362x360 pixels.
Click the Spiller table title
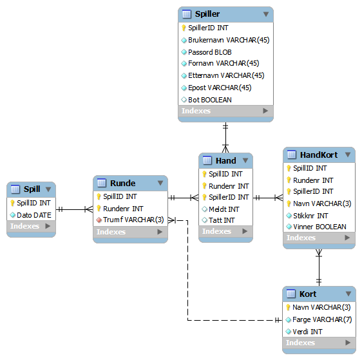pos(207,14)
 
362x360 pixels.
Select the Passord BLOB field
pos(209,52)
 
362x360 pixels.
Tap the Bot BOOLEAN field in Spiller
pos(209,100)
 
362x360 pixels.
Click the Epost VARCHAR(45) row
pos(220,88)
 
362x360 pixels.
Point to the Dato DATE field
pos(34,215)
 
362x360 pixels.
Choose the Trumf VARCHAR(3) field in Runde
pos(133,220)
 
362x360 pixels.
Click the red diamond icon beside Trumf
pos(99,220)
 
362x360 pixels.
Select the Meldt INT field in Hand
pos(224,209)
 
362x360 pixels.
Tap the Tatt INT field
pos(222,220)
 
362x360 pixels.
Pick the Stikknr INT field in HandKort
pos(310,216)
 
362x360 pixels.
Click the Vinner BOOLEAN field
pos(319,227)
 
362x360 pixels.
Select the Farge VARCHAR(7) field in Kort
pos(322,319)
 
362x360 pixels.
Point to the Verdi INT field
pos(307,332)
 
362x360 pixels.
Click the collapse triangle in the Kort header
pos(348,294)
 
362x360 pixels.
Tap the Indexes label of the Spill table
pos(24,226)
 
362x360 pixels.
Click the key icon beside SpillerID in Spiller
pos(184,28)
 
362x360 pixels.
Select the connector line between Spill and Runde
pos(74,209)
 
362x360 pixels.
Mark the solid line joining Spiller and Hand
pos(225,138)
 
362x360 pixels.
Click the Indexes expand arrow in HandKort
pos(347,238)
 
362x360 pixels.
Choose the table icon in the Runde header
pos(102,183)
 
